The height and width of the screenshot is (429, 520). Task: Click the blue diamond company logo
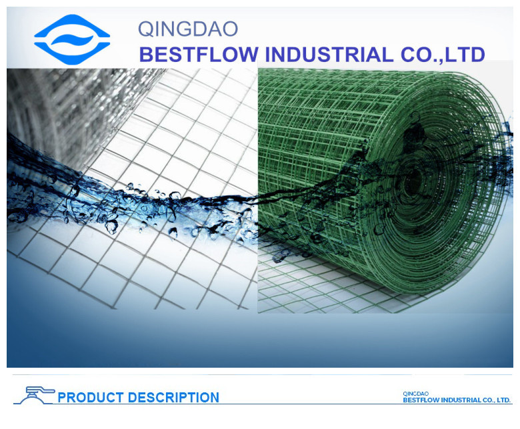[x=72, y=39]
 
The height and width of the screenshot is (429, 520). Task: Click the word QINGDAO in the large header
[x=188, y=29]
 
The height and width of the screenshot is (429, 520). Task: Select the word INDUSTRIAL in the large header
[x=329, y=55]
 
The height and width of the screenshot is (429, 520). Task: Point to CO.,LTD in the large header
[x=443, y=55]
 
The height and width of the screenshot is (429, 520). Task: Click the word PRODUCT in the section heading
[x=91, y=397]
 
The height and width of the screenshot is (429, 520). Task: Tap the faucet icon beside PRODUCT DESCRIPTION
[x=35, y=395]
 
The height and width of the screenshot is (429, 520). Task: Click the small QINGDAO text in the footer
[x=415, y=394]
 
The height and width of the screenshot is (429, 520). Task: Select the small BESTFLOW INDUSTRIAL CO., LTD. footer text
[x=457, y=400]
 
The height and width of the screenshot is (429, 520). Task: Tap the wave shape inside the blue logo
[x=72, y=40]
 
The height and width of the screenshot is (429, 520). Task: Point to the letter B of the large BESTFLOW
[x=146, y=55]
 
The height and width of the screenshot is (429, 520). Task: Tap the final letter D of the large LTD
[x=477, y=55]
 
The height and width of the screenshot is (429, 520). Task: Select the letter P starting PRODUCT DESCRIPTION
[x=62, y=397]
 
